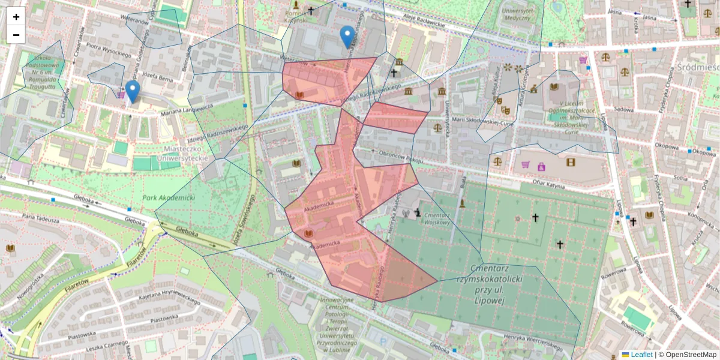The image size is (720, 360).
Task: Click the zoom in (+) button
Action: (x=16, y=17)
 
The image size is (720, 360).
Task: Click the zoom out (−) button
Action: (x=16, y=35)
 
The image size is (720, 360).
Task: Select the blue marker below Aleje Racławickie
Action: (x=347, y=37)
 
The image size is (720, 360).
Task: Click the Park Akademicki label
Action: (x=169, y=197)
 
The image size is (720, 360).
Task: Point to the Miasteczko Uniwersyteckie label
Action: (x=182, y=153)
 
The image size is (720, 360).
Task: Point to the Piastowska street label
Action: (x=160, y=317)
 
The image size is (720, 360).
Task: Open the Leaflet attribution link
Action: (x=641, y=355)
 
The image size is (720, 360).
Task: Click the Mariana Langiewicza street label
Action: (x=187, y=107)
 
